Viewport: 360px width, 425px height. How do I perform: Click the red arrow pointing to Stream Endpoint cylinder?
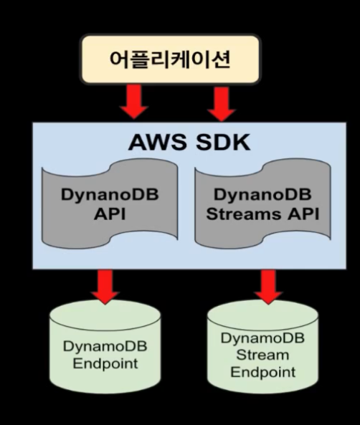click(x=267, y=285)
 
